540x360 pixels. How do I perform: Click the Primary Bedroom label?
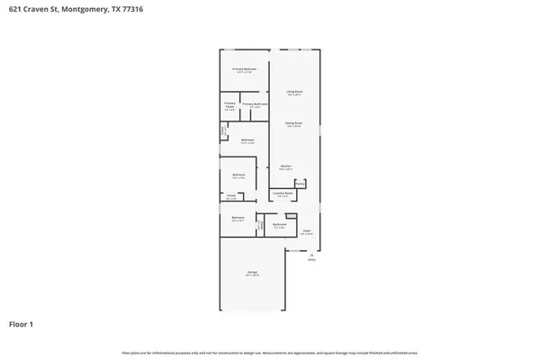click(245, 69)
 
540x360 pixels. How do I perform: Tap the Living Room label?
click(293, 92)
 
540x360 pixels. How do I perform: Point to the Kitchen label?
click(284, 166)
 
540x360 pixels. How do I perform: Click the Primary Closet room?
click(229, 106)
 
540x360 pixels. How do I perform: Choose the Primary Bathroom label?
click(255, 104)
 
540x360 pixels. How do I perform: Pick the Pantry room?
click(301, 184)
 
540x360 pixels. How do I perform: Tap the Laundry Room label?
click(283, 193)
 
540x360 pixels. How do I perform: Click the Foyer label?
click(306, 231)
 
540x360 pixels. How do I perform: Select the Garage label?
click(253, 273)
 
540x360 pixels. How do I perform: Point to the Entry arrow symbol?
click(311, 255)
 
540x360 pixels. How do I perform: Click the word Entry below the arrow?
click(311, 261)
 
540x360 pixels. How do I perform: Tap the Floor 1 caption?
click(21, 323)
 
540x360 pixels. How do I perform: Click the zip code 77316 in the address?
click(131, 9)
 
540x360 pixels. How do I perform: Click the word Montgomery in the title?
click(87, 9)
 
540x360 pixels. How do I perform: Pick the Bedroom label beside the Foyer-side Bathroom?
click(238, 218)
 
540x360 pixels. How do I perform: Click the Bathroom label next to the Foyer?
click(279, 225)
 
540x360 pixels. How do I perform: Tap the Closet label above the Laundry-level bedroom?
click(231, 196)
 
